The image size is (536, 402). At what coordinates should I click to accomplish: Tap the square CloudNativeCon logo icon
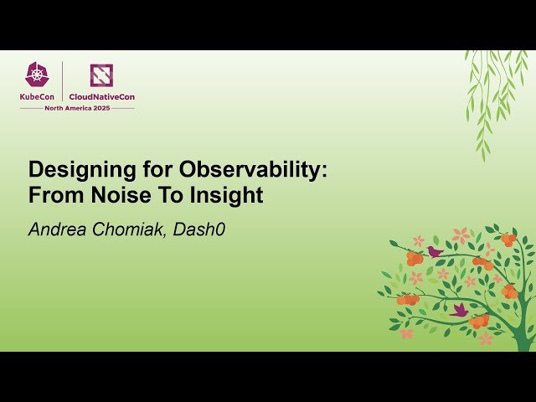pos(101,75)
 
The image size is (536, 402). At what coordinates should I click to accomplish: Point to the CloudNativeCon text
pos(102,97)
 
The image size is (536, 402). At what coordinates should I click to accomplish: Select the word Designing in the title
pos(74,168)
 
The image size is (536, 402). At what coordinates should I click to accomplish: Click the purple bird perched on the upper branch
pos(434,250)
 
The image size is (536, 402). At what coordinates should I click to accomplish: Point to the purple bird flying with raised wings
pos(459,309)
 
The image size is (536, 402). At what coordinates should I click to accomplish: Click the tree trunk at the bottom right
pos(526,331)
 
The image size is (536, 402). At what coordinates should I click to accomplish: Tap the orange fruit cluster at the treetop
pos(508,240)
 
